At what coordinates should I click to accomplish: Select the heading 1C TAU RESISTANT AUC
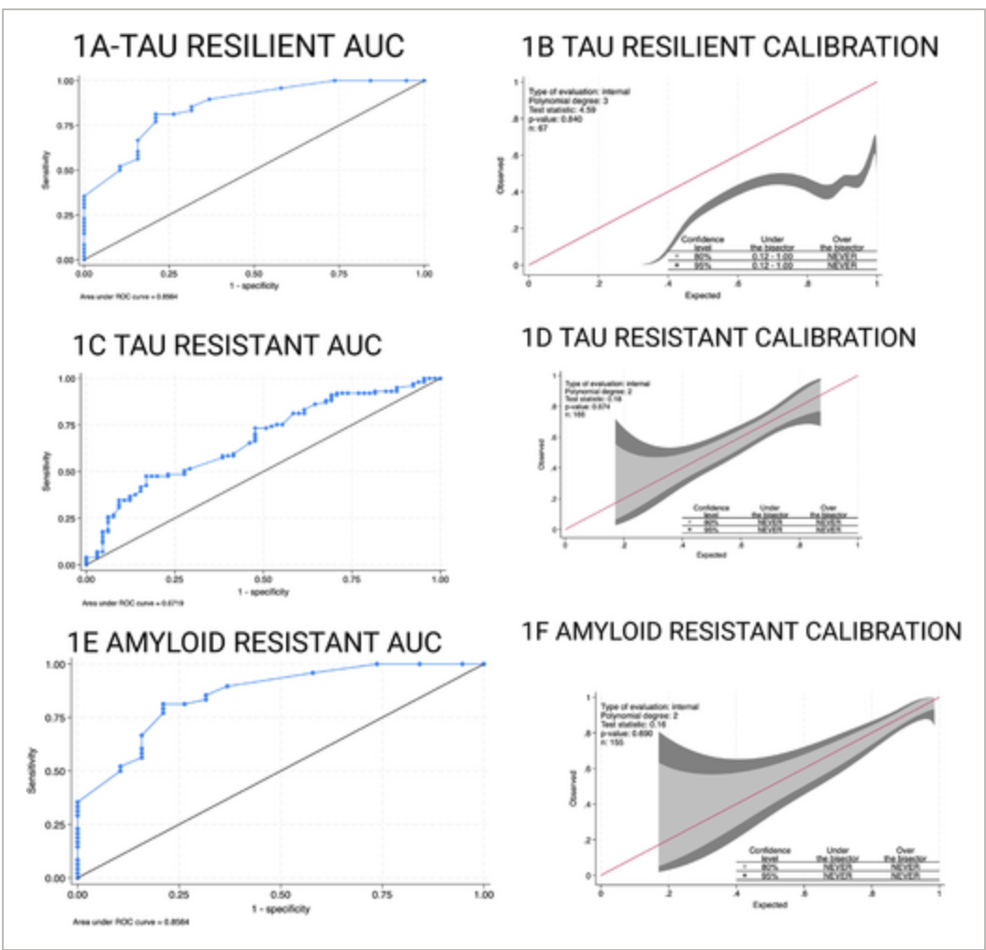(x=227, y=344)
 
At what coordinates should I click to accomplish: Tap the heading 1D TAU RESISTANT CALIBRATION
(x=718, y=337)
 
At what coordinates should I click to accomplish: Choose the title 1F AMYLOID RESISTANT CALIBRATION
(x=741, y=631)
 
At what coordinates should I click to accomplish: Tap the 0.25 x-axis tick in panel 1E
(x=179, y=894)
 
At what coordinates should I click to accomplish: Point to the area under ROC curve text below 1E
(x=130, y=921)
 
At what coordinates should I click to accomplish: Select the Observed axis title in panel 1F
(x=572, y=788)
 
